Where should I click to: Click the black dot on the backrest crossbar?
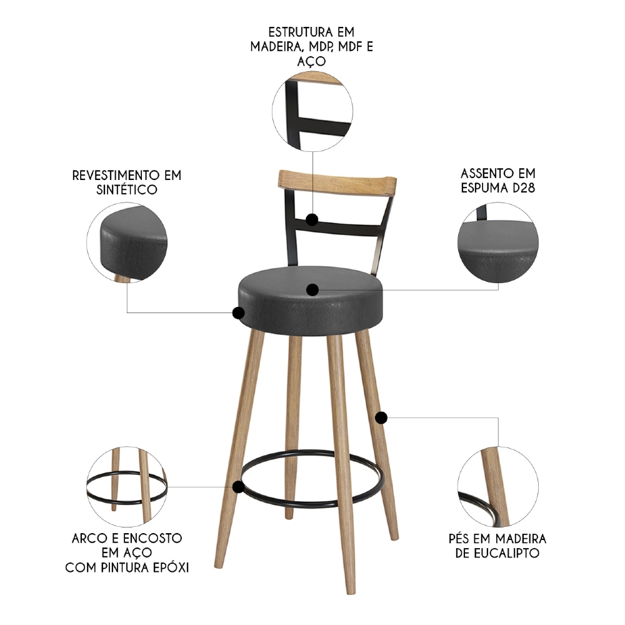coord(312,219)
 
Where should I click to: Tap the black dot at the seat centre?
coord(312,289)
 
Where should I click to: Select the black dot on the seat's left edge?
coord(238,313)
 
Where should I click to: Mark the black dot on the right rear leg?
coord(381,417)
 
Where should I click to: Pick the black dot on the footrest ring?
coord(237,486)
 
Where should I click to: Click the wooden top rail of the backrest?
coord(337,181)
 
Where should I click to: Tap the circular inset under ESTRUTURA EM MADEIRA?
coord(312,111)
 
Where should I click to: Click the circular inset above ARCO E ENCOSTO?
coord(127,485)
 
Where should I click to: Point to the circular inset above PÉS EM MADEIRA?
coord(498,485)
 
